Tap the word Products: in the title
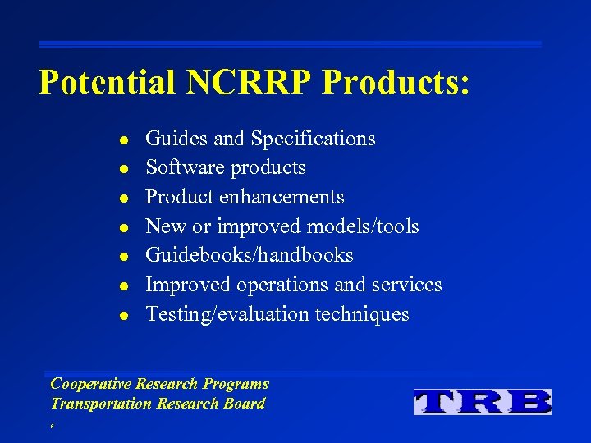coord(397,83)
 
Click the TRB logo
coord(482,401)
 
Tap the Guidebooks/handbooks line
coord(250,255)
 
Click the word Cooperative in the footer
coord(90,384)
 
